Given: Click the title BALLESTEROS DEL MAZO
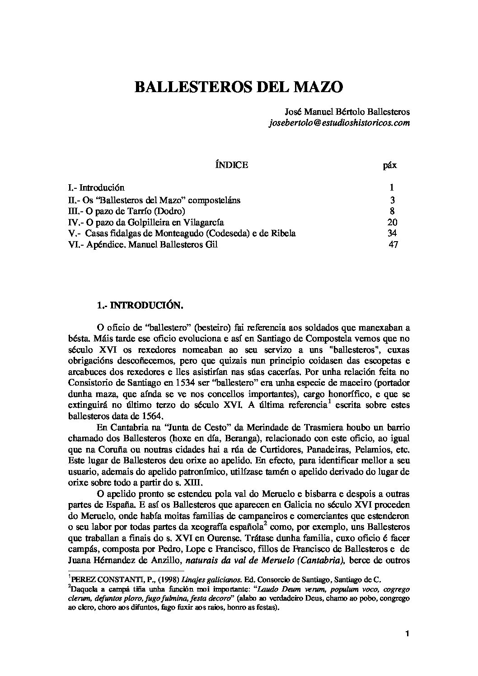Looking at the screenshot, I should pos(239,87).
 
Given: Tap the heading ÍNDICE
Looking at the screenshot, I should pos(232,165).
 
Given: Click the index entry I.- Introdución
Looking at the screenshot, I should pos(95,187).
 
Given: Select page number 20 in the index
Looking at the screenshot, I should pos(392,222).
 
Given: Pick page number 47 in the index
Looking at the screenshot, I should pos(393,245).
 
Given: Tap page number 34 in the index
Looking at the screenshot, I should pos(392,233).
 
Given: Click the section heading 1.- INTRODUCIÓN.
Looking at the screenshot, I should pos(140,306).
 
